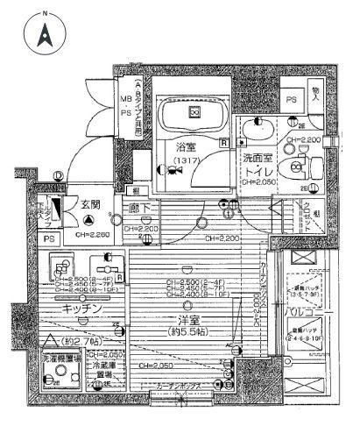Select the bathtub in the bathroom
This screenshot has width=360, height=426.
(x=189, y=115)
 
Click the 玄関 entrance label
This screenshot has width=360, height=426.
(x=87, y=203)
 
